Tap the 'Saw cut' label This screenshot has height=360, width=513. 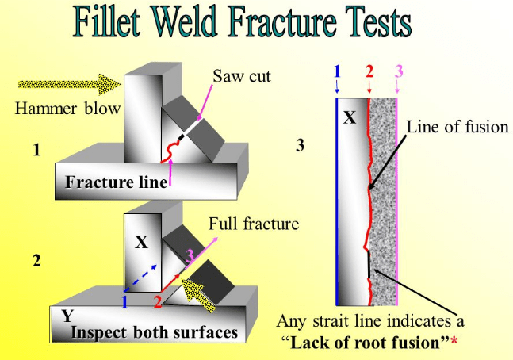tap(242, 76)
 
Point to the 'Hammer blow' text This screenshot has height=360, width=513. tap(67, 109)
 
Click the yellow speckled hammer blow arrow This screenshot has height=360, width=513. tap(69, 84)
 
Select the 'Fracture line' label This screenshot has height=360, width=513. tap(116, 182)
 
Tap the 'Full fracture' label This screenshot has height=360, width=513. tap(254, 224)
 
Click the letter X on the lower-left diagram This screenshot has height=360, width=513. tap(141, 243)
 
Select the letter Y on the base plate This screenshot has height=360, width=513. tap(67, 316)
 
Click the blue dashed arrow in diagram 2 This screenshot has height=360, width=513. tap(140, 278)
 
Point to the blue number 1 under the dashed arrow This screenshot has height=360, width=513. tap(124, 301)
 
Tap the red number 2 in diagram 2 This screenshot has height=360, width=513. tap(158, 301)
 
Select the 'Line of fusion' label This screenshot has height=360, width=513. tap(457, 127)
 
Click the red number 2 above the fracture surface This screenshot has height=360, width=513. tap(369, 71)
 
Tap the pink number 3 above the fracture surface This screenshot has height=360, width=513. tap(399, 71)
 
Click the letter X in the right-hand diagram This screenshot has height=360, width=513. tap(350, 117)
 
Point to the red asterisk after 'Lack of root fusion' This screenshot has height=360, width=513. tap(454, 341)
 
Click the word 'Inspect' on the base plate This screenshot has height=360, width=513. tap(99, 332)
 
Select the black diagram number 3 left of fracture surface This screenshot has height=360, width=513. tap(300, 145)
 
